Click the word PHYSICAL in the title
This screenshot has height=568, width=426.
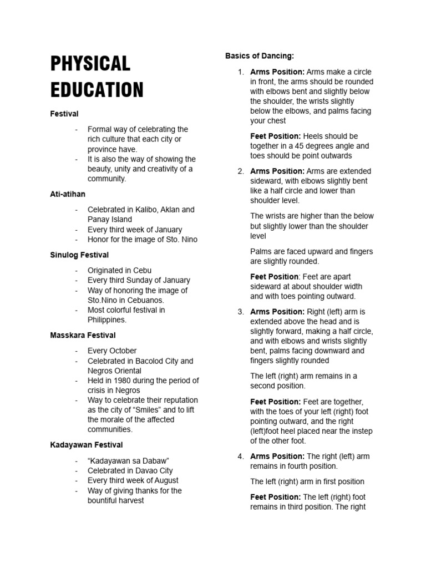click(x=90, y=64)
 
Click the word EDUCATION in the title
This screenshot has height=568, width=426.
click(x=97, y=89)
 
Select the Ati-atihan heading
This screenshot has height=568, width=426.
click(x=68, y=194)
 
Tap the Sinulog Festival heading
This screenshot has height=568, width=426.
click(x=79, y=255)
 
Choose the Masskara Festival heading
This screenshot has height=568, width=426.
click(x=83, y=336)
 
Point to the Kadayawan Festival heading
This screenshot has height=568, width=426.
click(x=87, y=445)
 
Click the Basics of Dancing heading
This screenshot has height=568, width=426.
click(x=260, y=56)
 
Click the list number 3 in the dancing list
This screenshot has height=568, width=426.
click(x=241, y=312)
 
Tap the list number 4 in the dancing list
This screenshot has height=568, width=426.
click(x=241, y=457)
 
